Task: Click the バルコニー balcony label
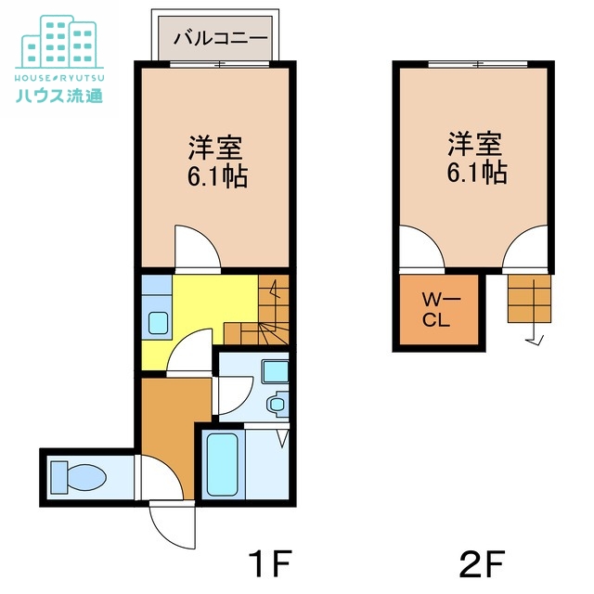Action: [221, 39]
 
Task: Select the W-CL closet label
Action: [441, 310]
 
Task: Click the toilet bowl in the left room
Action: [78, 477]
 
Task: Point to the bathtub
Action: [223, 465]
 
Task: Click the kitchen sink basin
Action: [158, 323]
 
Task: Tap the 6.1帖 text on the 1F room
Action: [217, 176]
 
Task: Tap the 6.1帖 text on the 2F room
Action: [477, 173]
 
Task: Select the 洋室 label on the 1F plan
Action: [215, 148]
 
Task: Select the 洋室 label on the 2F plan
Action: [475, 144]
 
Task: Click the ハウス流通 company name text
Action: [59, 96]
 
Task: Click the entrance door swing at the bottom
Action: [173, 524]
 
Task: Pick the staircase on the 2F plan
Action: [529, 299]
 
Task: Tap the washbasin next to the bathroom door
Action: [277, 404]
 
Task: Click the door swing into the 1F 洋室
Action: [198, 249]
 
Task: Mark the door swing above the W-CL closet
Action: [422, 249]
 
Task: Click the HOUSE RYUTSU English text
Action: [59, 78]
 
